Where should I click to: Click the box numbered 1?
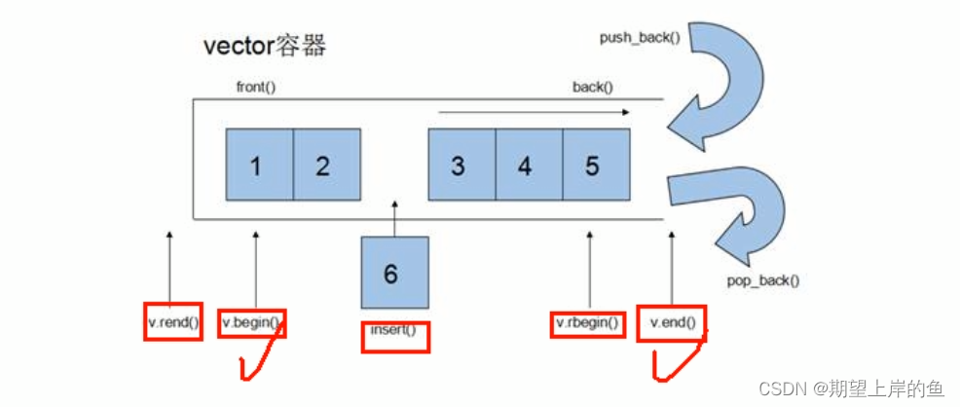[x=258, y=166]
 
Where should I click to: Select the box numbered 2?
[x=325, y=166]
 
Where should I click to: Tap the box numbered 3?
[x=461, y=166]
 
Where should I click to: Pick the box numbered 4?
[x=527, y=166]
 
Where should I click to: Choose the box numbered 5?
[x=594, y=166]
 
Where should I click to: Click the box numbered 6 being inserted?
[x=393, y=275]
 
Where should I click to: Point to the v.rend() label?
[x=172, y=322]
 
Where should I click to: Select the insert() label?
[x=393, y=331]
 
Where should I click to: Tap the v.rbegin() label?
[x=587, y=322]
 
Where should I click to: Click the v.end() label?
[x=672, y=322]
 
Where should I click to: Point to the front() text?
[x=256, y=87]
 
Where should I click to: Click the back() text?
[x=592, y=87]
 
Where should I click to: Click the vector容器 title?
[x=264, y=46]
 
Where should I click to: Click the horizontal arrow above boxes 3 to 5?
[x=534, y=113]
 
